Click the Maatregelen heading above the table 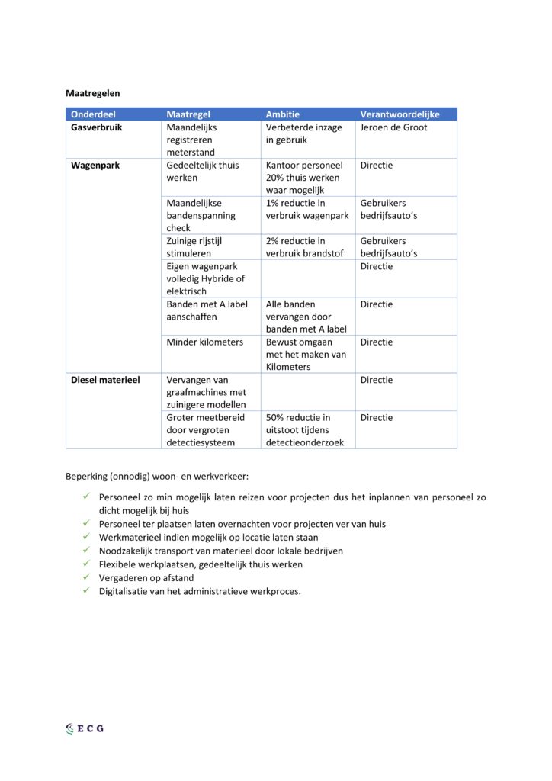click(92, 93)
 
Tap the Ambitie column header click(282, 114)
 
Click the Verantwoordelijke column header click(400, 114)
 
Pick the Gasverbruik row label click(96, 127)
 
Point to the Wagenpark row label click(95, 165)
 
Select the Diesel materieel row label click(105, 380)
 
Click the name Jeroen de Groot click(393, 127)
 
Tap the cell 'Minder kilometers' click(205, 342)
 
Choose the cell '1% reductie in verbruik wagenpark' click(306, 210)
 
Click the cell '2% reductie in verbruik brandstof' click(304, 247)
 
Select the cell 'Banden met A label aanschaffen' click(207, 310)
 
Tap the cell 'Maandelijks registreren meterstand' click(195, 140)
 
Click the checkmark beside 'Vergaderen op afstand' click(88, 577)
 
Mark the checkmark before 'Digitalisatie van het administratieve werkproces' click(88, 590)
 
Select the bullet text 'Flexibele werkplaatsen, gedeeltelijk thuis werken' click(201, 564)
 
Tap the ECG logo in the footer click(85, 728)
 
